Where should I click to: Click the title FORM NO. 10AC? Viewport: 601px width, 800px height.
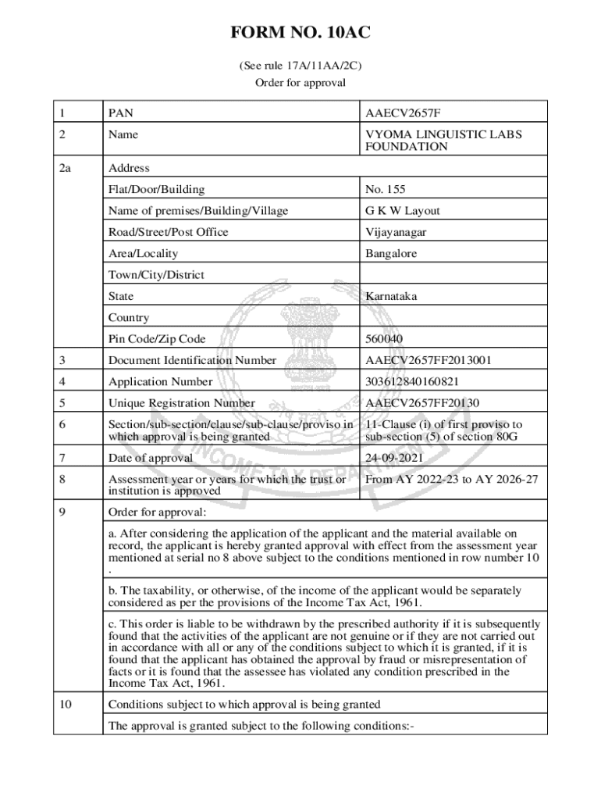pyautogui.click(x=300, y=33)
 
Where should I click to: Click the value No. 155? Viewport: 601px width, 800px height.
pyautogui.click(x=386, y=189)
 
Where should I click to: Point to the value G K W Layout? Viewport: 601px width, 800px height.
pyautogui.click(x=403, y=211)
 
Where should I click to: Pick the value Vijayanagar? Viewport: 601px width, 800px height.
pyautogui.click(x=396, y=232)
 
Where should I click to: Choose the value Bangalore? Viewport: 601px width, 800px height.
pyautogui.click(x=391, y=254)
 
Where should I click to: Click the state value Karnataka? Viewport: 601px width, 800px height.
pyautogui.click(x=391, y=297)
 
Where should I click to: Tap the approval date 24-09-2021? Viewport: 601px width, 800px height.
pyautogui.click(x=395, y=458)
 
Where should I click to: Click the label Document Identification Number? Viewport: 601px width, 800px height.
pyautogui.click(x=192, y=361)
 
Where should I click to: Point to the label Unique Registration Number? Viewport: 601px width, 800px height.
pyautogui.click(x=182, y=404)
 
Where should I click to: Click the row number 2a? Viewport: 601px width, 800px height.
pyautogui.click(x=65, y=168)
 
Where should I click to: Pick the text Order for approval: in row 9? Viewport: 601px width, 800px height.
pyautogui.click(x=158, y=512)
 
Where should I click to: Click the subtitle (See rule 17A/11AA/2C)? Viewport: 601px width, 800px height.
pyautogui.click(x=300, y=66)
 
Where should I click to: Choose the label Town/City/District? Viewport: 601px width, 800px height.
pyautogui.click(x=156, y=275)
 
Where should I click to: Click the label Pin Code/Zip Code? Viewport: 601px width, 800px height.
pyautogui.click(x=158, y=339)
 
